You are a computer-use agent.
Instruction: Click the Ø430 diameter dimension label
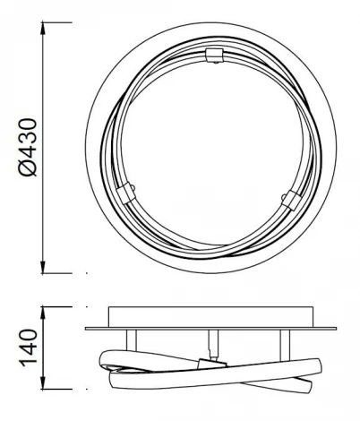[28, 144]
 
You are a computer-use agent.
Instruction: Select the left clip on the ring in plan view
[126, 192]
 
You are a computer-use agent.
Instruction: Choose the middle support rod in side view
[212, 342]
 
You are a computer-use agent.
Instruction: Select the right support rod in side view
[284, 340]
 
